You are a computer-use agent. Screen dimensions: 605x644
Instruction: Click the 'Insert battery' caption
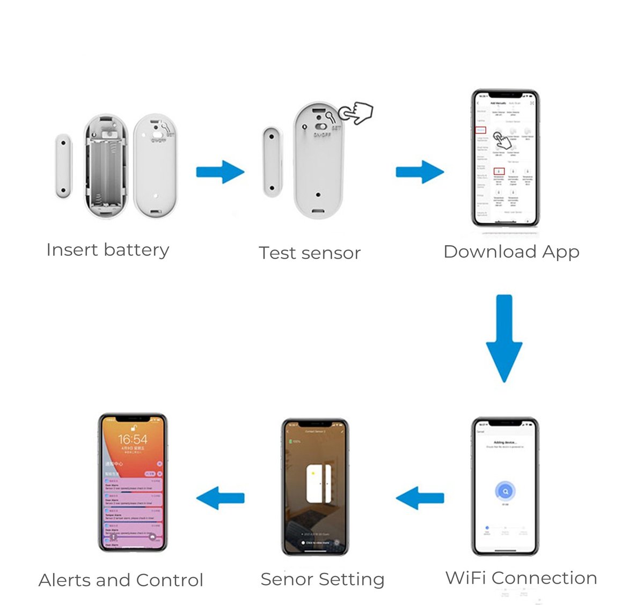(108, 250)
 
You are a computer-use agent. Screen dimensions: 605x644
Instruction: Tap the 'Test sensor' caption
(310, 253)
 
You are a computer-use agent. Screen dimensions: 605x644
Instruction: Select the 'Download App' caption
(511, 252)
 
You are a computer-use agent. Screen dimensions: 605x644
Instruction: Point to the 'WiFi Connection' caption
(521, 578)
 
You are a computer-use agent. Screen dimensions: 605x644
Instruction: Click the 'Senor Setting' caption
(323, 579)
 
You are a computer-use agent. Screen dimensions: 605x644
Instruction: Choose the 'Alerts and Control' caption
(121, 580)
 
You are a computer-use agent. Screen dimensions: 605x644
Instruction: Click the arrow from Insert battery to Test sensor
(221, 172)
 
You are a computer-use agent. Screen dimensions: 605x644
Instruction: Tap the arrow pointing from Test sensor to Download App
(420, 172)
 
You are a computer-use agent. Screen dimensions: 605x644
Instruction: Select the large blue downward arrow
(504, 338)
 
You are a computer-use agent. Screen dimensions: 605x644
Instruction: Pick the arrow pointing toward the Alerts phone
(220, 498)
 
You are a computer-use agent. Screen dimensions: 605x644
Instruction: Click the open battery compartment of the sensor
(106, 166)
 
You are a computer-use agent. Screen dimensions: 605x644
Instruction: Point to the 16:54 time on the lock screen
(133, 439)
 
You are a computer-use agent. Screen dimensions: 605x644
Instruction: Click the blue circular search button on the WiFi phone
(506, 491)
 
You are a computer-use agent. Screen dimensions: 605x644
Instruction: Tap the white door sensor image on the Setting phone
(318, 484)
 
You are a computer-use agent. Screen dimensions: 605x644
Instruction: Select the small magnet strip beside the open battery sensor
(63, 166)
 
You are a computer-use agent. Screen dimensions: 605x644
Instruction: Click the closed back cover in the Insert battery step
(156, 166)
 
